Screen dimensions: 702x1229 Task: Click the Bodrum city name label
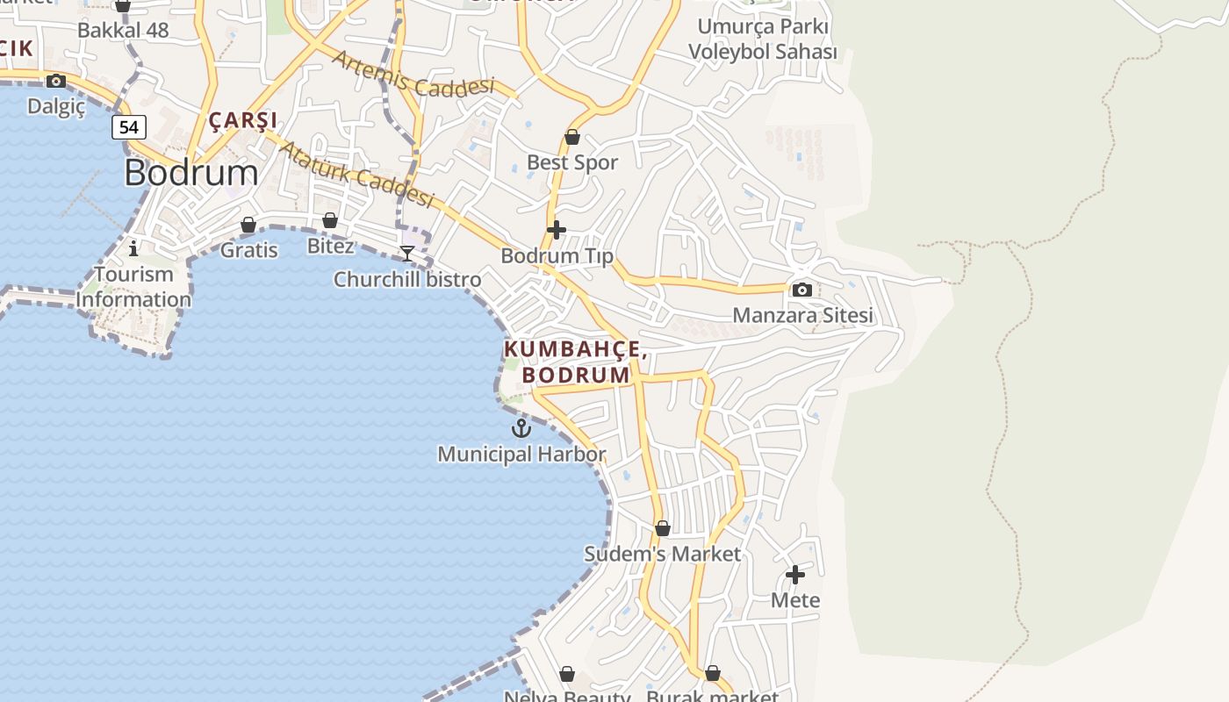pos(191,172)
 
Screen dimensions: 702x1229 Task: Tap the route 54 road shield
pos(129,127)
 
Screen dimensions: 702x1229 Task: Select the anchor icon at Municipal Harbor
pos(521,428)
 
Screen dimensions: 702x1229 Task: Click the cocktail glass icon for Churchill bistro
pos(407,253)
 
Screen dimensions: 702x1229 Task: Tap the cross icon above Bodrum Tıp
pos(556,230)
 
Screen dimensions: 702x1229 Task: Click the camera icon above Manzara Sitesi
pos(801,290)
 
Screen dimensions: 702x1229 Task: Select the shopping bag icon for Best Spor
pos(572,137)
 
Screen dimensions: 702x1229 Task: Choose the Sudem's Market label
pos(663,554)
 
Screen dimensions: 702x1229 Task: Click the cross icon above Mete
pos(795,575)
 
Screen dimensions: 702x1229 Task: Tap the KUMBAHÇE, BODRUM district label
pos(576,362)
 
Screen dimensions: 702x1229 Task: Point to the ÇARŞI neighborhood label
pos(243,120)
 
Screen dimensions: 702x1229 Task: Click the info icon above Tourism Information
pos(133,248)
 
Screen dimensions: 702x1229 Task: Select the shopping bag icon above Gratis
pos(248,226)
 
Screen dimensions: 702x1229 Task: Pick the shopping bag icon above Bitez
pos(330,220)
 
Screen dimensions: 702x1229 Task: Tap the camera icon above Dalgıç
pos(56,82)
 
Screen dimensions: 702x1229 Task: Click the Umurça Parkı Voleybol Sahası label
pos(762,39)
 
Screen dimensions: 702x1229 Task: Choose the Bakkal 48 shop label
pos(123,30)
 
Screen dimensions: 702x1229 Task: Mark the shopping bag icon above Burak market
pos(712,673)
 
